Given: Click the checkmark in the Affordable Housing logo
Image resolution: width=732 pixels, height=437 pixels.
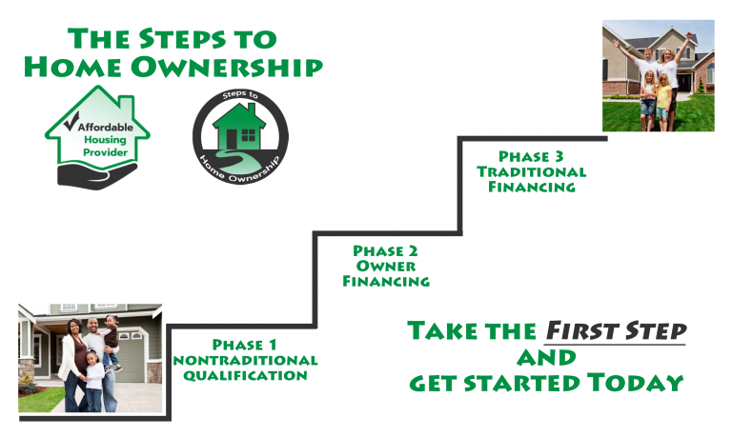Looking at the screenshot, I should point(70,123).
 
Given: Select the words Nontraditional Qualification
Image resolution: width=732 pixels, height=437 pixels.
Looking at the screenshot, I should point(245,368).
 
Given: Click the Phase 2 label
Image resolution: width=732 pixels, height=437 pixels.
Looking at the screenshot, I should point(385,250).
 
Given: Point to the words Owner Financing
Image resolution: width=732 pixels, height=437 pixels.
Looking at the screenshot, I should point(385,274).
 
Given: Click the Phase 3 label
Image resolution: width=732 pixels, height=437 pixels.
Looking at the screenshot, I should point(531,156).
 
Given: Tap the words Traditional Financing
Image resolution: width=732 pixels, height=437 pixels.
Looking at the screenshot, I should point(532,180).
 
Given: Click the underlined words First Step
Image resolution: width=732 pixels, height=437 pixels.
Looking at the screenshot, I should point(615,331).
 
